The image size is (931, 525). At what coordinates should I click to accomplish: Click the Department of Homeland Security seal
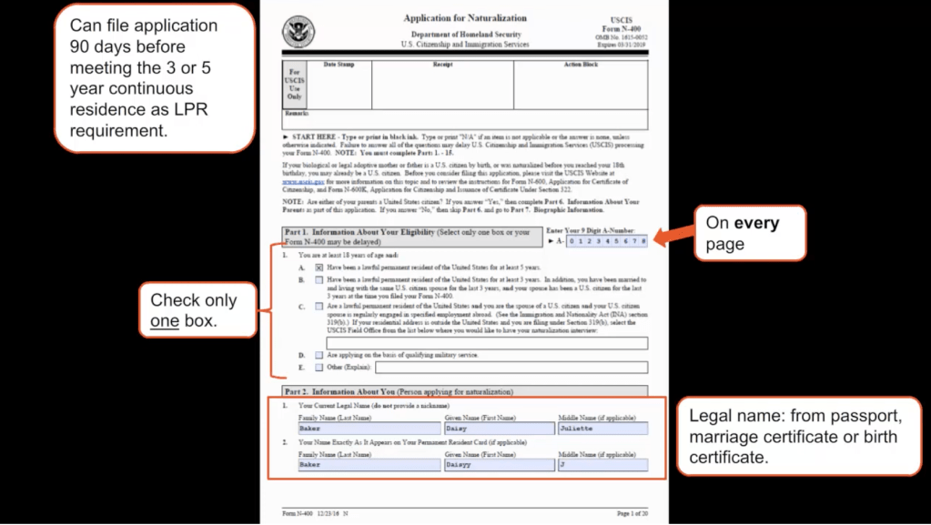(298, 33)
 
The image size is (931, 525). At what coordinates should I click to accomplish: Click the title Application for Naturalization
(465, 18)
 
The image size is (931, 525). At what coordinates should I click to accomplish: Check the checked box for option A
(319, 268)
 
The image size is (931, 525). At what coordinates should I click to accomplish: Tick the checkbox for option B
(319, 281)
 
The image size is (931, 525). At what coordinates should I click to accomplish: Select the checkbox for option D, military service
(319, 355)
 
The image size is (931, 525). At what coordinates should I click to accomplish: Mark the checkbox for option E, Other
(319, 368)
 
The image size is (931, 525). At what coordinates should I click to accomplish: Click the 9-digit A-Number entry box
(606, 241)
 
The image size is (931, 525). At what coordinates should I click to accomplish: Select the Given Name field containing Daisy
(499, 428)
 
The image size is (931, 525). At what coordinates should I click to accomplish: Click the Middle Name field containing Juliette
(603, 428)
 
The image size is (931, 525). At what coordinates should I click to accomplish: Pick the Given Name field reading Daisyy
(499, 464)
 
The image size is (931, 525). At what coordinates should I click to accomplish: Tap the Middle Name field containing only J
(603, 464)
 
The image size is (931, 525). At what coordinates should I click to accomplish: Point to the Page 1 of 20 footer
(632, 514)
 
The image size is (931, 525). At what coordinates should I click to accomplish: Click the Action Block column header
(581, 65)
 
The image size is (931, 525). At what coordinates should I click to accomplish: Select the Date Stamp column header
(339, 65)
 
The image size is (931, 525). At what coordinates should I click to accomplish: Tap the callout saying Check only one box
(194, 310)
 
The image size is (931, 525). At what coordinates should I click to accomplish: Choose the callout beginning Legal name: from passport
(798, 437)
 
